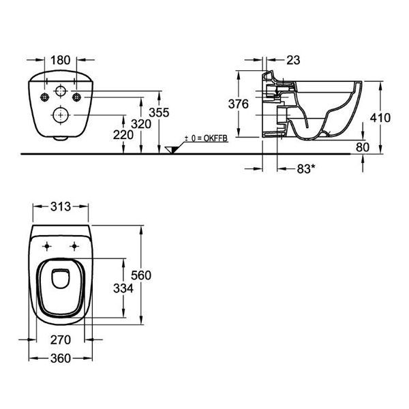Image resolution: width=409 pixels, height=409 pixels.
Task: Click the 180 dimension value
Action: tap(60, 60)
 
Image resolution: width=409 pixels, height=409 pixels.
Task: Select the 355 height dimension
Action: tap(159, 112)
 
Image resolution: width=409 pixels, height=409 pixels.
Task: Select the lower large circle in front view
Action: tap(60, 115)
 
